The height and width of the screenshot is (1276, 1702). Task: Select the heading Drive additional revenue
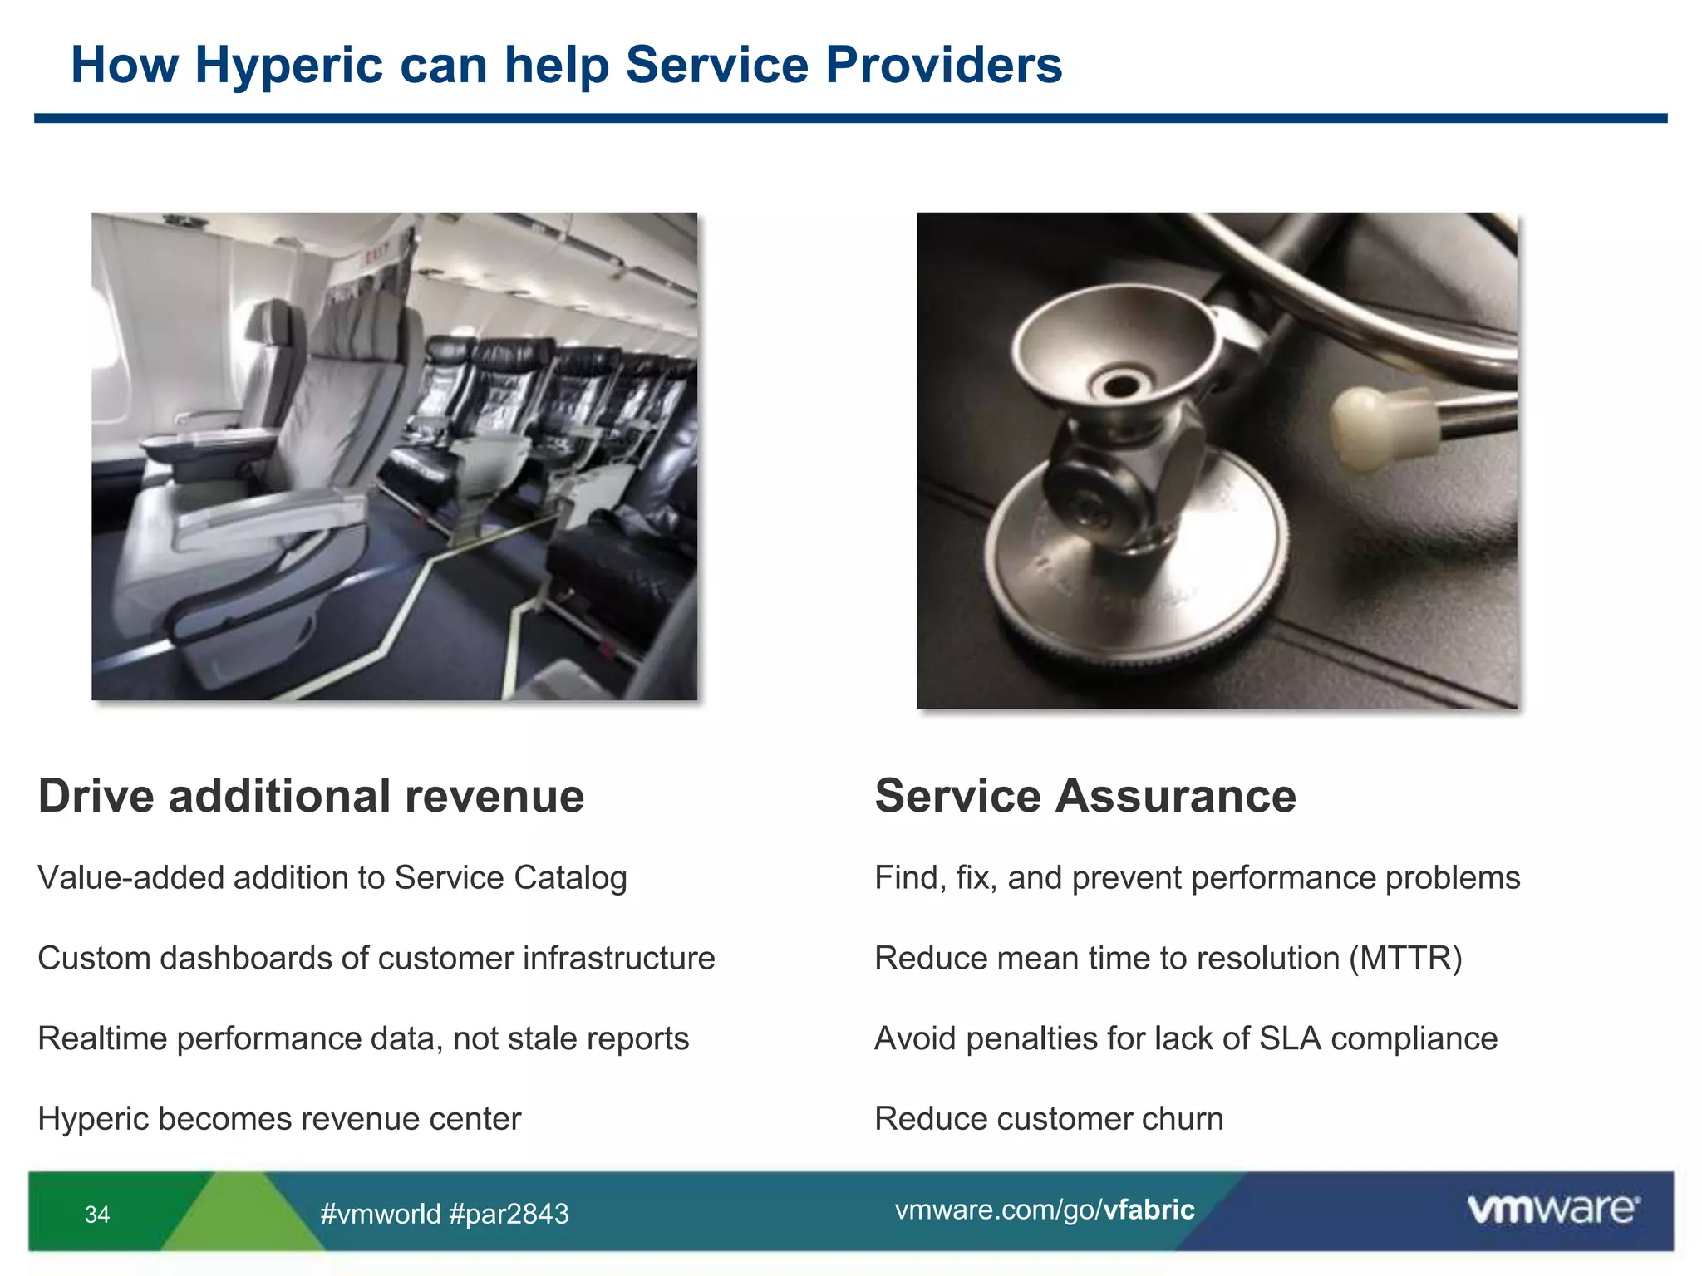(311, 796)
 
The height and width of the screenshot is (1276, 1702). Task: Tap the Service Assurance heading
(1085, 796)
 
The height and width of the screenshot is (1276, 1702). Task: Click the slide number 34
(97, 1215)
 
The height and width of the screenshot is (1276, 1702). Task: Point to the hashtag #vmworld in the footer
(381, 1214)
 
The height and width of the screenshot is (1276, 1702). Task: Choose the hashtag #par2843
(509, 1214)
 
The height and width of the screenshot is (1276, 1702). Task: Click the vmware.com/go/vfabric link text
(1044, 1210)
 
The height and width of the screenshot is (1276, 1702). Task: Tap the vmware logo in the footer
(1552, 1210)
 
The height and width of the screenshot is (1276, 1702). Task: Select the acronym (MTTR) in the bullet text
(1405, 959)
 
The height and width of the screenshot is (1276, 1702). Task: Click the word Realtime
(102, 1039)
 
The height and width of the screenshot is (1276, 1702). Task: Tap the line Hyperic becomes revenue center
(279, 1119)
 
